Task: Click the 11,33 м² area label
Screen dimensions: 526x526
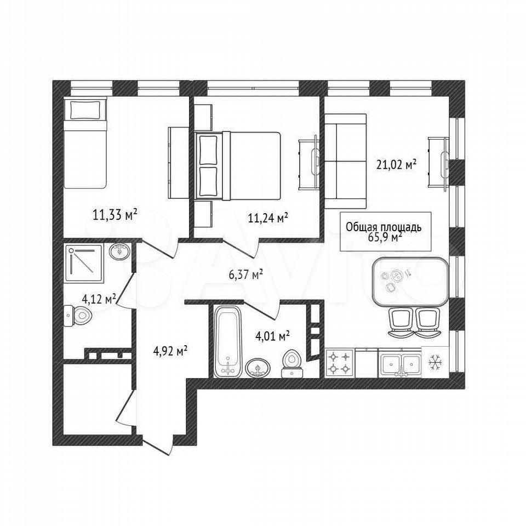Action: click(115, 214)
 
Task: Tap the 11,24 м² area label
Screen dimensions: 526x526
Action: click(268, 218)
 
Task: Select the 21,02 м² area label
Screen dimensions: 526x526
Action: click(396, 165)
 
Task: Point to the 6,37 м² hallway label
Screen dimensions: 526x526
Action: click(244, 275)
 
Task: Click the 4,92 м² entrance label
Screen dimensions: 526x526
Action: click(170, 351)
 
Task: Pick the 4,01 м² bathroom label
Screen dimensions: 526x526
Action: click(272, 336)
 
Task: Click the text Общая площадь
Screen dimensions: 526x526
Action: click(384, 227)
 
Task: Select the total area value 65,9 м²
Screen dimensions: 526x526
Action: click(385, 237)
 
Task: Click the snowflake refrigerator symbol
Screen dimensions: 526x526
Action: click(436, 362)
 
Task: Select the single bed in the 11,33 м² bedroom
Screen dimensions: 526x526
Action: click(85, 142)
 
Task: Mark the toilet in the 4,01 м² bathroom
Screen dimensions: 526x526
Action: click(292, 364)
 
